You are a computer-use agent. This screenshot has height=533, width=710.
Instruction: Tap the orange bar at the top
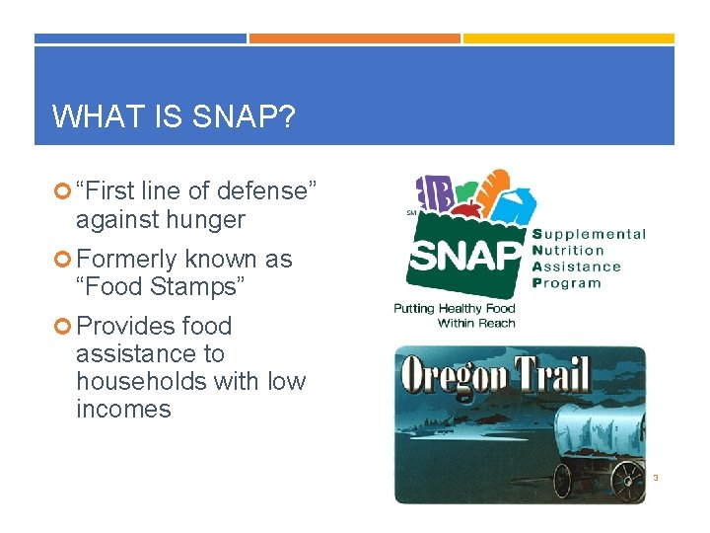354,38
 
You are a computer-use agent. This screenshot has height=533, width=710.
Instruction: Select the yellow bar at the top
568,38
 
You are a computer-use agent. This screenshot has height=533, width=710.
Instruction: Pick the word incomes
123,409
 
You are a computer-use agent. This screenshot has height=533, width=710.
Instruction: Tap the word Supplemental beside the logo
590,235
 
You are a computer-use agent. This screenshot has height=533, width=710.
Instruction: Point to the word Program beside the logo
566,283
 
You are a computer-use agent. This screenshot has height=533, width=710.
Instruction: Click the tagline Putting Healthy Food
455,309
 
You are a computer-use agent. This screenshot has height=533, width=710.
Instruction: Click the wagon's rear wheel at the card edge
627,480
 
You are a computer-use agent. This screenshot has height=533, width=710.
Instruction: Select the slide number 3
655,478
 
